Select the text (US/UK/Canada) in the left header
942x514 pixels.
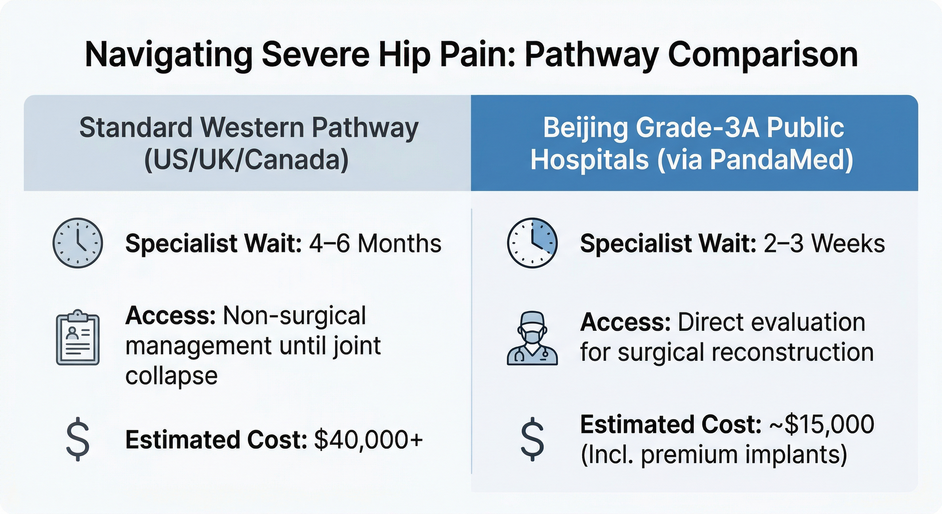[246, 160]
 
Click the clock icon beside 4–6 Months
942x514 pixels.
[78, 243]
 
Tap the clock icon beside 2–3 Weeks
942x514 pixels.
[532, 243]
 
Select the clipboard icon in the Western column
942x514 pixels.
[78, 338]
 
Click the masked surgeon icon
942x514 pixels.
[532, 338]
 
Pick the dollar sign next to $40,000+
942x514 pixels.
[78, 439]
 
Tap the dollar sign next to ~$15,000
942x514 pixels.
[532, 439]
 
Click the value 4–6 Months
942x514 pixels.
[375, 243]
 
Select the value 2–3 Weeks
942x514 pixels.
[824, 243]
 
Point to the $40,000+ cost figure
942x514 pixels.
[368, 440]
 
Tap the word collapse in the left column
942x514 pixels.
[171, 376]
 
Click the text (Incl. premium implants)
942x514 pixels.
[714, 455]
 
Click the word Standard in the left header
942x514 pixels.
[136, 128]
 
